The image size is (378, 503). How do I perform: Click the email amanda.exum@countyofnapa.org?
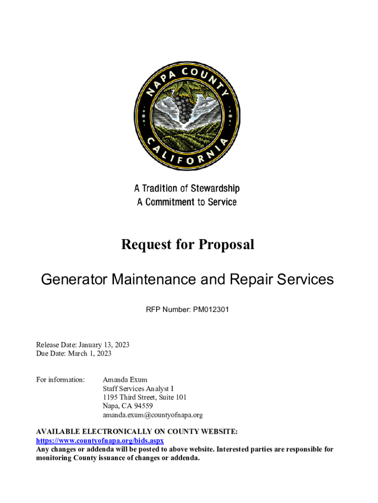[152, 415]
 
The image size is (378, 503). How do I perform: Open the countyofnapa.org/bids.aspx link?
[100, 441]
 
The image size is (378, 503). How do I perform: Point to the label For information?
[61, 380]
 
